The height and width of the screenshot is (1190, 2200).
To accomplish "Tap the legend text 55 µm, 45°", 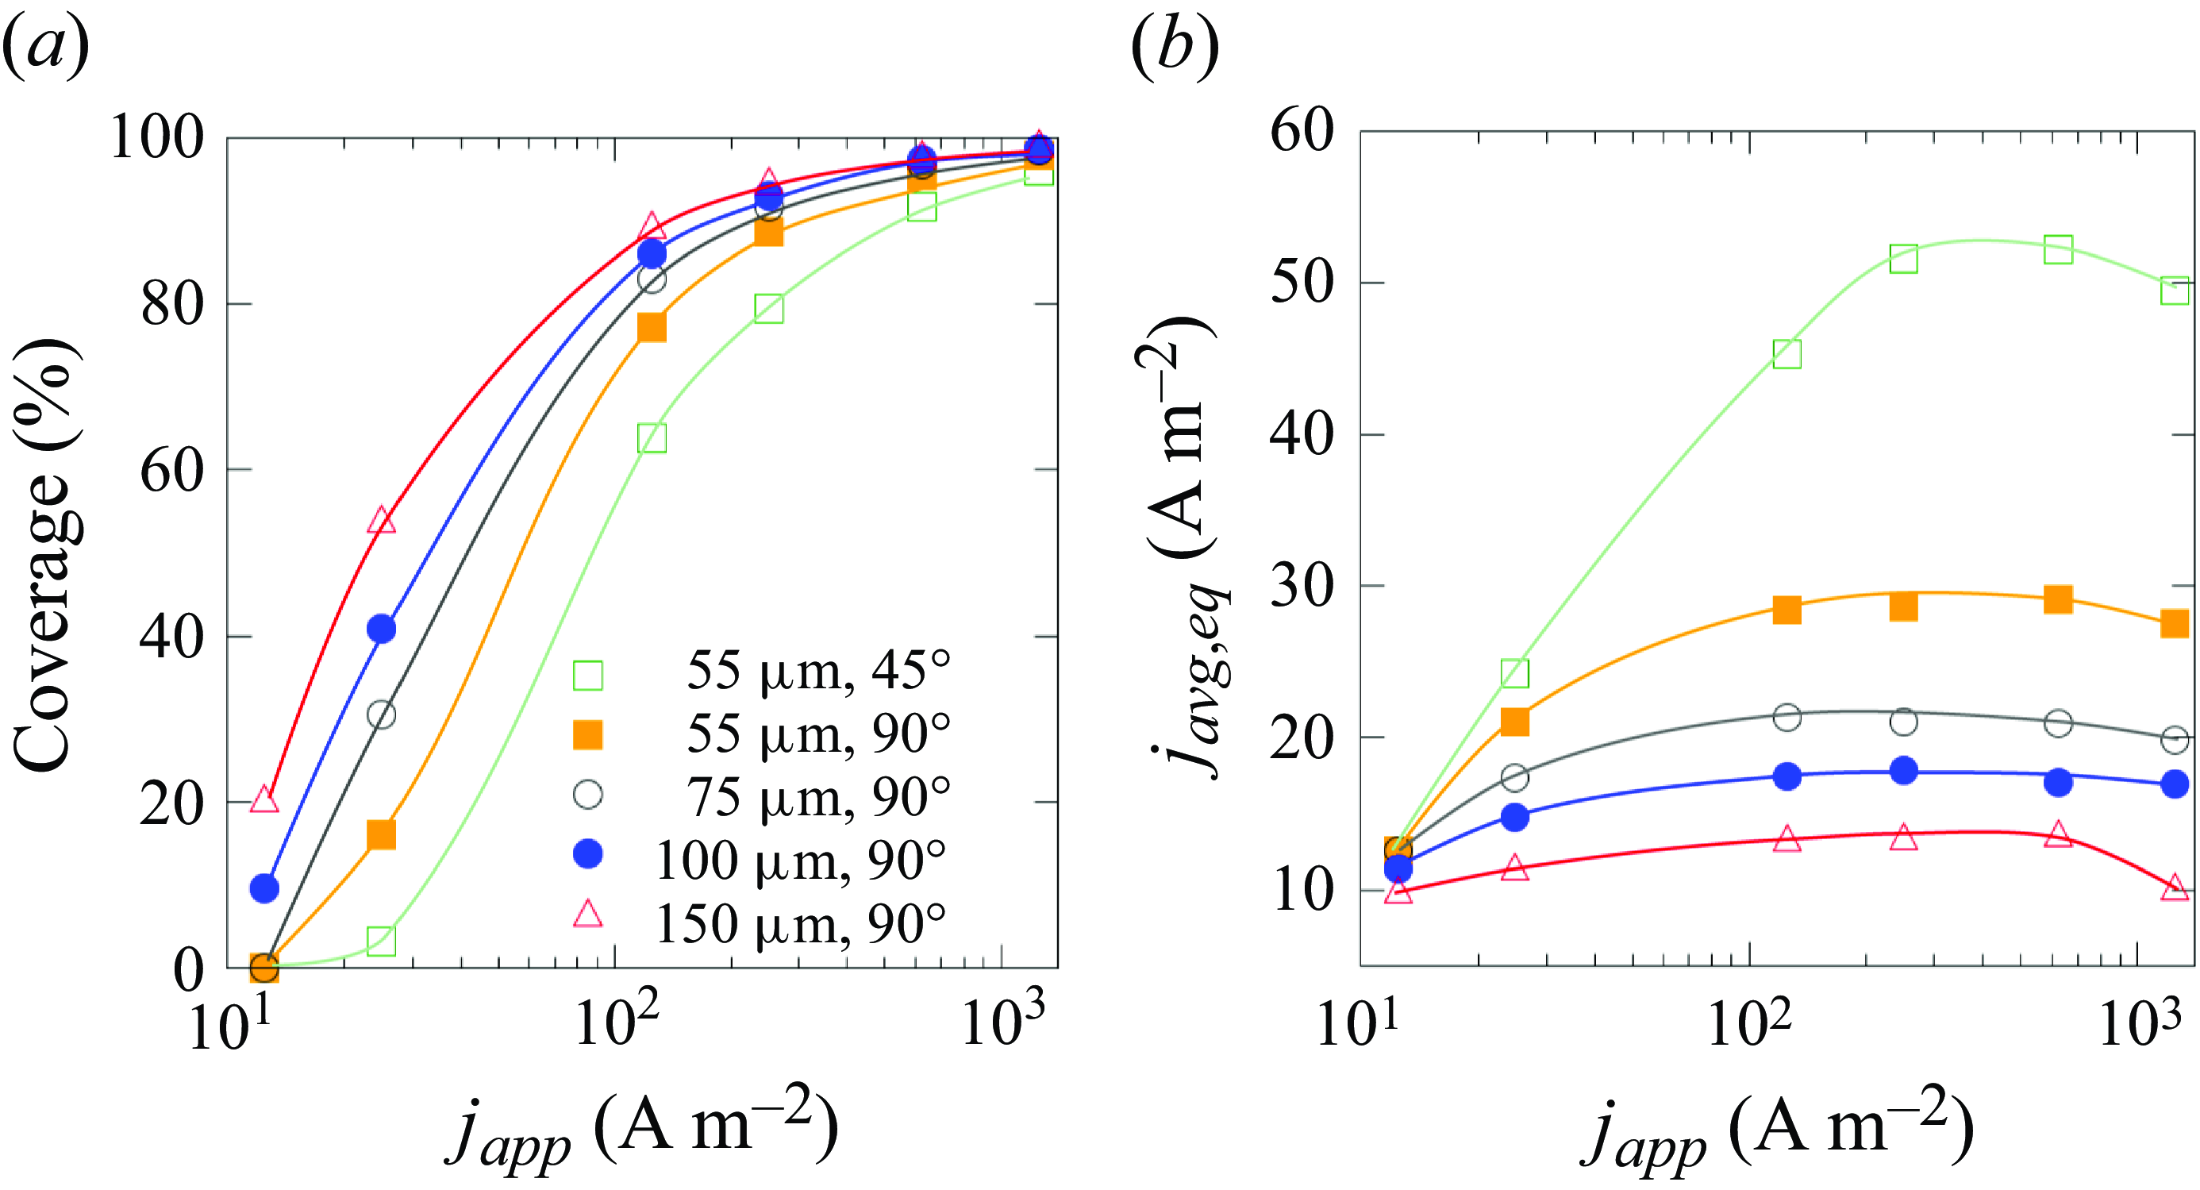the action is (x=818, y=671).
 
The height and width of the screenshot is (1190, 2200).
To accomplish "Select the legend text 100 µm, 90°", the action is (x=801, y=861).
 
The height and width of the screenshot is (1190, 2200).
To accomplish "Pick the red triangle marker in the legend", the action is (x=587, y=914).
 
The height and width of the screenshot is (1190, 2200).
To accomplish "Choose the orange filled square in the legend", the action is (x=587, y=734).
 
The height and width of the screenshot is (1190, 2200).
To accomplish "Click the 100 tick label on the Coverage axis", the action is (x=157, y=137).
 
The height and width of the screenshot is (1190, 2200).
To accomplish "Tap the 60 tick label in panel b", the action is (x=1302, y=131).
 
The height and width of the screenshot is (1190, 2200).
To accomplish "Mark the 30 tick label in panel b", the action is (x=1302, y=586).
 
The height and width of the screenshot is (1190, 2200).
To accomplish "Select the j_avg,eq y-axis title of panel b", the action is (x=1183, y=547).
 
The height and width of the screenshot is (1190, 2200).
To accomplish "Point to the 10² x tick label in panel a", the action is (x=617, y=1021).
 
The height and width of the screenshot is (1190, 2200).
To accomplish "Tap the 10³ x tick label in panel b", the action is (x=2140, y=1021).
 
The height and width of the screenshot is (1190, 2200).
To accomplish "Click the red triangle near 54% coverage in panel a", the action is (x=382, y=520).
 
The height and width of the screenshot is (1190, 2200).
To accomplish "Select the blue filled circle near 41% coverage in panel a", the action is (x=382, y=629).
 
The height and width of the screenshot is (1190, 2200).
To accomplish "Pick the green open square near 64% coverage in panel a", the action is (x=652, y=438).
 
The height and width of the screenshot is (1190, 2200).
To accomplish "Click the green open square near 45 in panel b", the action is (x=1787, y=354).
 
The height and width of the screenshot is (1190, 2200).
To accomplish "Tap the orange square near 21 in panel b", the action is (x=1514, y=722).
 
